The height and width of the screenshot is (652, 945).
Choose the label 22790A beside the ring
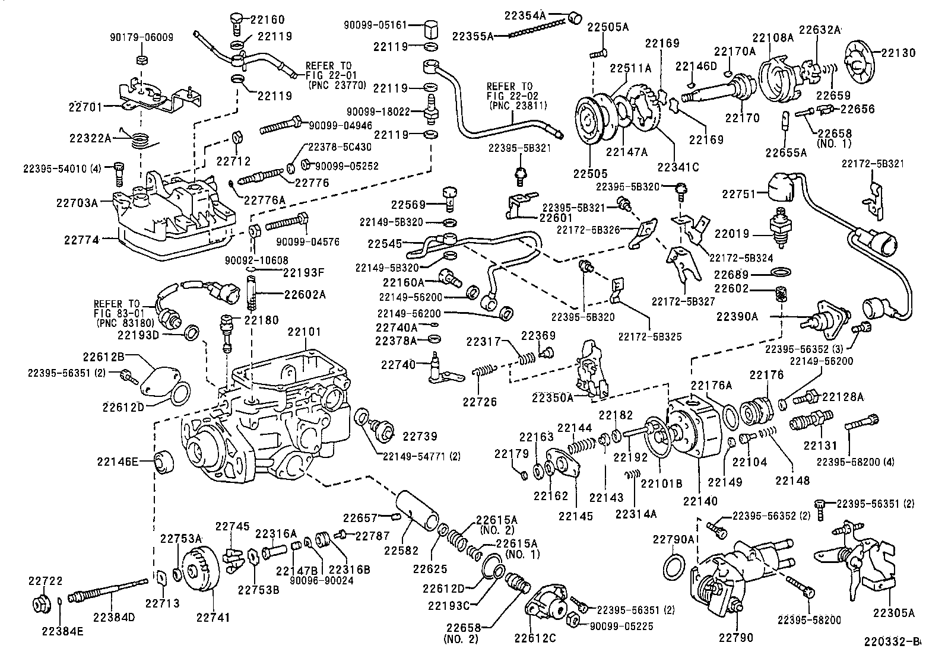coord(673,539)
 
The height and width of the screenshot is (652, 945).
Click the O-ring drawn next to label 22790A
coord(674,567)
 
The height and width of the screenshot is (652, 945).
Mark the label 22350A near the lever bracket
coord(552,397)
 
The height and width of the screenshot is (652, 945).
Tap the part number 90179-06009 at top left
coord(141,37)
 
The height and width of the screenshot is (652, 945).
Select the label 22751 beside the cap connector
coord(738,194)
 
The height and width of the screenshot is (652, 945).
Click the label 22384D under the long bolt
coord(114,616)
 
